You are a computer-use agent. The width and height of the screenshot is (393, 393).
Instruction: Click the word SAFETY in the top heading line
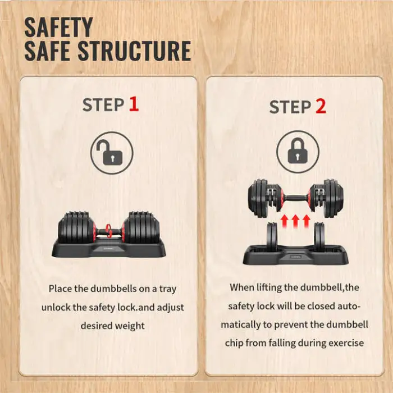pos(58,28)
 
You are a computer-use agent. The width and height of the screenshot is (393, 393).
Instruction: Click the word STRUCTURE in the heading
pos(135,51)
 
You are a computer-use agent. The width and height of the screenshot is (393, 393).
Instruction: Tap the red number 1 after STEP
pos(134,104)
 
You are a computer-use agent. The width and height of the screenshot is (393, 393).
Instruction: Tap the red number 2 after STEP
pos(321,107)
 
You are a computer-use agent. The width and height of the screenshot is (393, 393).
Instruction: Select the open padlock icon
pos(112,153)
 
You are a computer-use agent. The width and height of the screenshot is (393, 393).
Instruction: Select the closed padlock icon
pos(298,152)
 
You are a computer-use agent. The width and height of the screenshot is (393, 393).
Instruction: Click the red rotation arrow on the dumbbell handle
pos(109,231)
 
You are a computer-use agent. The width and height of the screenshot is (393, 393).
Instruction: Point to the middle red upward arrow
pos(295,221)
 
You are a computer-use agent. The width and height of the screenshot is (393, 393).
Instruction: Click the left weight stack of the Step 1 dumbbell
pos(77,227)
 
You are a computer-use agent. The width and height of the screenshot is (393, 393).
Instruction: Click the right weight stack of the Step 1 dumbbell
pos(141,227)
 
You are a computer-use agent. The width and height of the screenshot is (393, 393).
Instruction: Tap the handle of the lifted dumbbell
pos(296,198)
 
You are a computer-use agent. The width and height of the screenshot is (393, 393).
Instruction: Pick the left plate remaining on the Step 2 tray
pos(273,236)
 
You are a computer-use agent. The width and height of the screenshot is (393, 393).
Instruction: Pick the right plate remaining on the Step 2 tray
pos(319,236)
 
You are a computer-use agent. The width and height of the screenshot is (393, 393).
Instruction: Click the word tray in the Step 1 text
pos(168,289)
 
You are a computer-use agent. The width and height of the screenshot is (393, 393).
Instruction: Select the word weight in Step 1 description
pos(130,326)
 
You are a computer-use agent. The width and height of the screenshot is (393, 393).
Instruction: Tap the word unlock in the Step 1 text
pos(56,307)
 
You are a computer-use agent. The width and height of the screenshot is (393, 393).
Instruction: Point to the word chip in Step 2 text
pos(234,343)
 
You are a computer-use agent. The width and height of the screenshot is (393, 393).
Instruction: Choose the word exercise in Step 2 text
pos(346,342)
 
